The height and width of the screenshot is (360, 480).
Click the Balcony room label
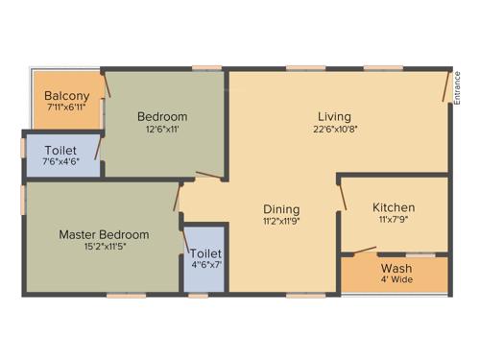(67, 96)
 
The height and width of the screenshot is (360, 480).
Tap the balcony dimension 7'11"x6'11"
(67, 108)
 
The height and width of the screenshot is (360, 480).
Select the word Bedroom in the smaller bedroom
(161, 116)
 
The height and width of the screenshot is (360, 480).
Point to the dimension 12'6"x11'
(161, 129)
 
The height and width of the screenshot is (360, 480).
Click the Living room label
(335, 116)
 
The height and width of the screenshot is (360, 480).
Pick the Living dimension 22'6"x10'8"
(335, 129)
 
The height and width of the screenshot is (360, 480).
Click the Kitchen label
(394, 207)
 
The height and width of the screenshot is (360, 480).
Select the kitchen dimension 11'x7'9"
(394, 220)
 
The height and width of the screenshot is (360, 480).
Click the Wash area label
(396, 268)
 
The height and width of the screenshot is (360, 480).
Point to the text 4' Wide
(396, 279)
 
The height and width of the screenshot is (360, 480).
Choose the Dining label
(282, 208)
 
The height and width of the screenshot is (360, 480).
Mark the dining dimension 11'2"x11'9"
(282, 221)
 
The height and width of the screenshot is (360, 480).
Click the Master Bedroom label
(104, 234)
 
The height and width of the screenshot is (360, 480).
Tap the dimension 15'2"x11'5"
(104, 247)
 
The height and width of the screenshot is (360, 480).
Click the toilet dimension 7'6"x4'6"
(60, 162)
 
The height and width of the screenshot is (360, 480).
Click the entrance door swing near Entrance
(444, 88)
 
